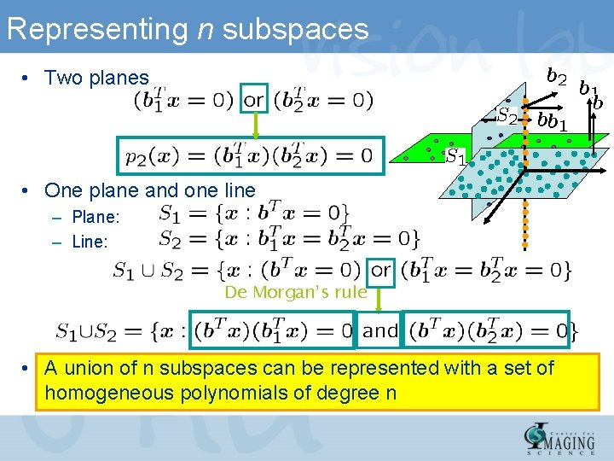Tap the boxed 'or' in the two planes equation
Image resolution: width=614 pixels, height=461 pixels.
coord(254,99)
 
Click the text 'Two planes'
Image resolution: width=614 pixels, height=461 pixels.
coord(96,78)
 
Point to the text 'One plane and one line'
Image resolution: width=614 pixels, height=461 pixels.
coord(149,190)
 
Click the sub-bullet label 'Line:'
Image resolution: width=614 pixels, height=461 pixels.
coord(90,242)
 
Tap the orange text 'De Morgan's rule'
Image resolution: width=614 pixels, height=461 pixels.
coord(295,293)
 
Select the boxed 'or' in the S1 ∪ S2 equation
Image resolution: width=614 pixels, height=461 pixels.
coord(381,270)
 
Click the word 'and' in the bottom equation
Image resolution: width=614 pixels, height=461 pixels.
coord(380,330)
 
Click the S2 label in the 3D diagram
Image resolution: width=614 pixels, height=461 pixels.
coord(507,115)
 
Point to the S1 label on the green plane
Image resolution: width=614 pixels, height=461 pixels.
coord(457,157)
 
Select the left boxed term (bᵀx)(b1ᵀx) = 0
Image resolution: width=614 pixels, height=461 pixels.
coord(273,330)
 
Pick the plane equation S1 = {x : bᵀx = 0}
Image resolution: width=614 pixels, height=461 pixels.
coord(254,213)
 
